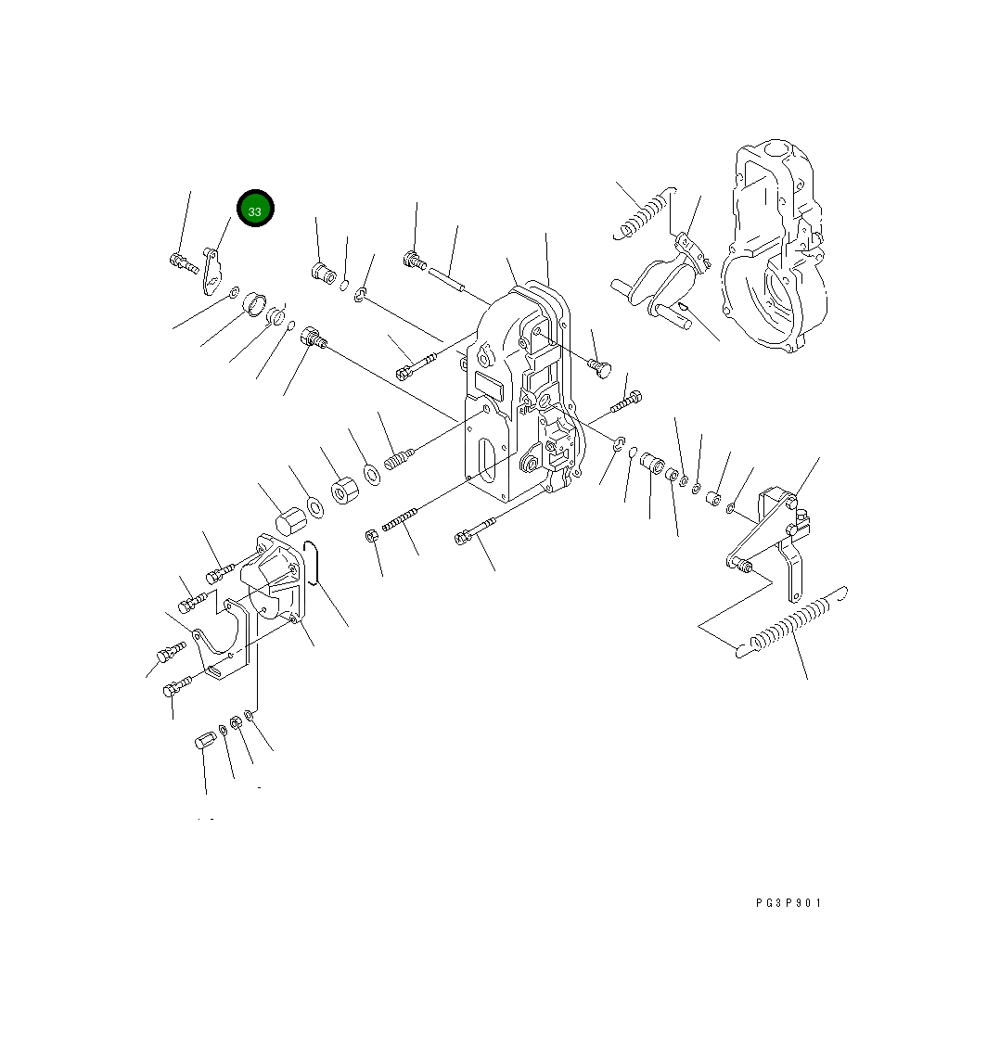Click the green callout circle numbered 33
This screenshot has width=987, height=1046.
[x=255, y=209]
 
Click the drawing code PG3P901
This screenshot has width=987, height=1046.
[x=788, y=902]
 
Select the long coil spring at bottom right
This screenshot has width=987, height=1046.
[x=792, y=622]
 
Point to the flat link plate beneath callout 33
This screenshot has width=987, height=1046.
[x=212, y=271]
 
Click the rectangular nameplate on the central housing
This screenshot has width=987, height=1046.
[x=491, y=386]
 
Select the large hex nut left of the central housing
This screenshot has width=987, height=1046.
[x=345, y=491]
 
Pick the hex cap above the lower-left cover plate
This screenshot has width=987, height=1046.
[x=291, y=521]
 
